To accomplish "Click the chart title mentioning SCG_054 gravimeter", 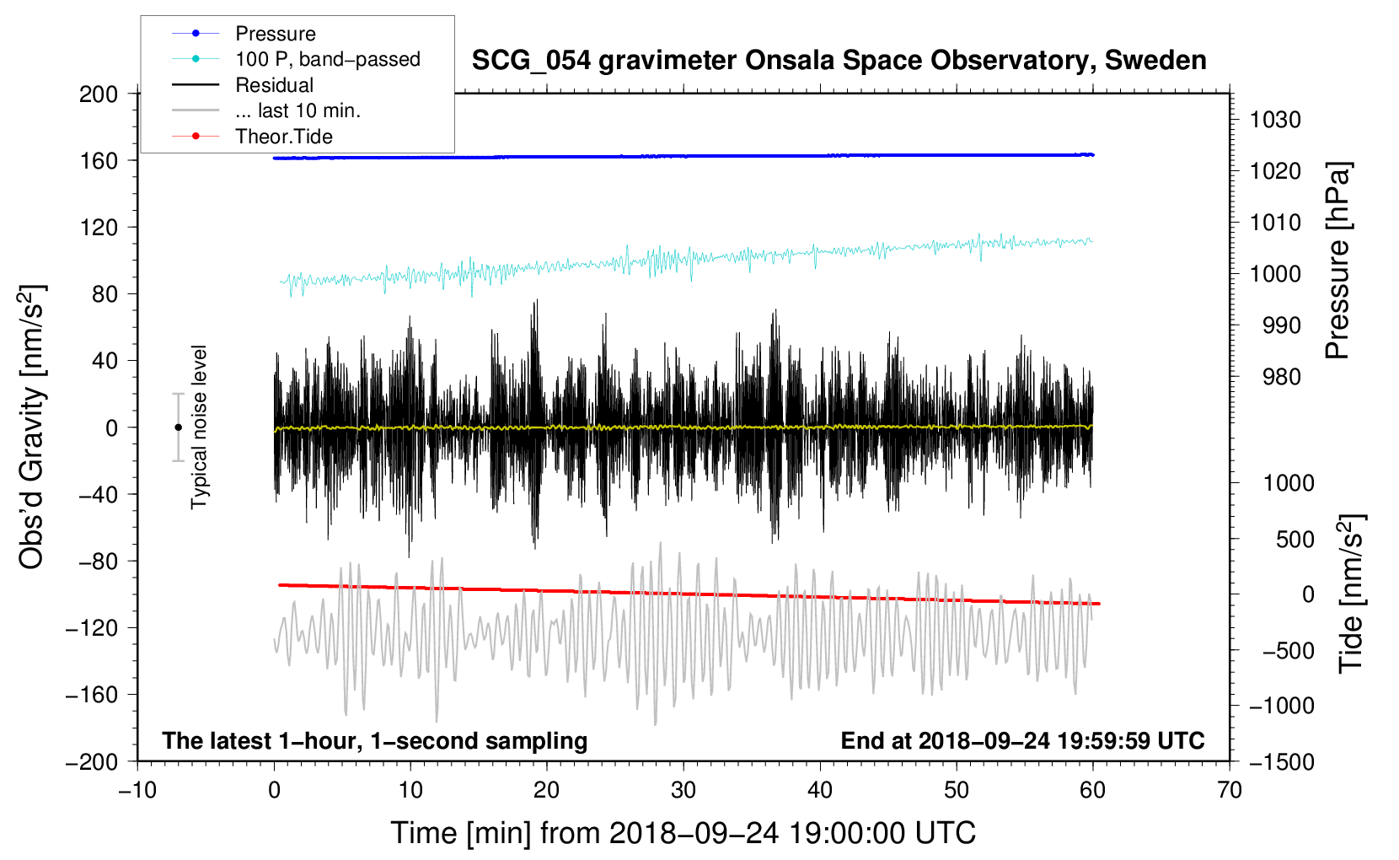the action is point(839,61).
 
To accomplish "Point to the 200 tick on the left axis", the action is point(99,94).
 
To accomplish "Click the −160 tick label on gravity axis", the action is point(92,695).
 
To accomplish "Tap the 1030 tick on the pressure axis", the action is point(1275,120).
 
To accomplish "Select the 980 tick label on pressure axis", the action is point(1282,377).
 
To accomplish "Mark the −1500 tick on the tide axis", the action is point(1282,762).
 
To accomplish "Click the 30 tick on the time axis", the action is point(683,791).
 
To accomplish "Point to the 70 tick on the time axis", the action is point(1229,791).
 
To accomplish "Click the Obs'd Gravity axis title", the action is point(33,427).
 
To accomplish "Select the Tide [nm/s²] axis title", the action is point(1352,594).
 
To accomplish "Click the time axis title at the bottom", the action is point(683,833).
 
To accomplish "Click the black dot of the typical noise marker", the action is point(178,427).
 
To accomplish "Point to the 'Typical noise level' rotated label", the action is point(199,427).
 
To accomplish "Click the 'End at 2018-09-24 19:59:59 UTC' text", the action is point(1022,740).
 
